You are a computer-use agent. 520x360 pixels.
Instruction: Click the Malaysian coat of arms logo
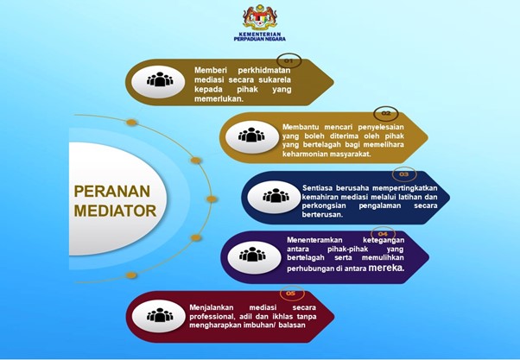[x=260, y=17]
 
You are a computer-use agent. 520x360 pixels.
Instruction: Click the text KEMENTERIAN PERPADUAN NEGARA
[x=260, y=36]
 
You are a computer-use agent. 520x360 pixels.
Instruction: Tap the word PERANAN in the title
[x=112, y=192]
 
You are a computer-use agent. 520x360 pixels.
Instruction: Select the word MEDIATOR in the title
[x=115, y=211]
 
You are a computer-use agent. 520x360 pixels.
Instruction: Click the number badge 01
[x=289, y=61]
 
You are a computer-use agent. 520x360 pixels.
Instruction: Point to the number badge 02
[x=386, y=113]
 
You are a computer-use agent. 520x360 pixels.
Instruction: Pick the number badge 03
[x=404, y=174]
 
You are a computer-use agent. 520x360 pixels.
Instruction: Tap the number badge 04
[x=383, y=234]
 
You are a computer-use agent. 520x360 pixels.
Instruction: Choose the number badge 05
[x=291, y=294]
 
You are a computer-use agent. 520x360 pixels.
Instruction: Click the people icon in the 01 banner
[x=160, y=80]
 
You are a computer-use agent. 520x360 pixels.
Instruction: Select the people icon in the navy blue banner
[x=276, y=196]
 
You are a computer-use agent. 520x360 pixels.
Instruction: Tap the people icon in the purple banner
[x=252, y=255]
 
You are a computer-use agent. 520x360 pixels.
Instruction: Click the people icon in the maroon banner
[x=160, y=315]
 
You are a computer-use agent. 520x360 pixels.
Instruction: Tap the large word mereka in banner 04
[x=387, y=267]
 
